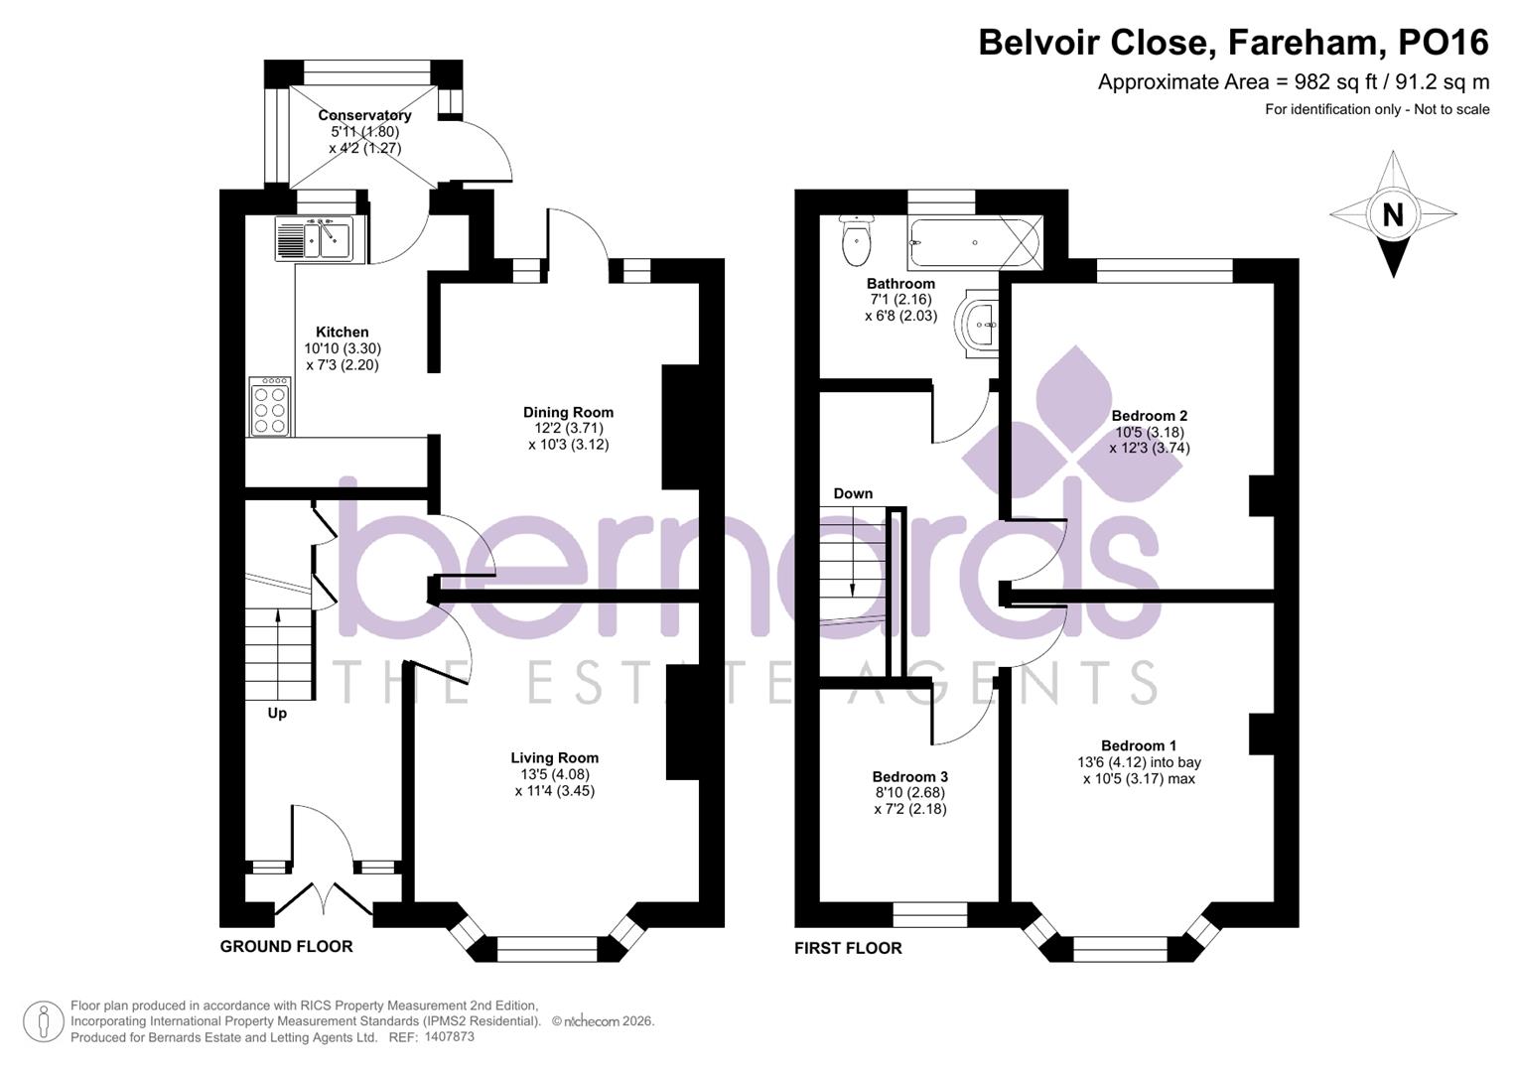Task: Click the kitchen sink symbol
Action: pyautogui.click(x=313, y=238)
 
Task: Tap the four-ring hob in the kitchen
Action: pyautogui.click(x=270, y=407)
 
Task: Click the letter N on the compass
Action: pyautogui.click(x=1393, y=214)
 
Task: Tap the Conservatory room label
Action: pyautogui.click(x=364, y=115)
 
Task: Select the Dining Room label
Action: pyautogui.click(x=568, y=412)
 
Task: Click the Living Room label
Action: pyautogui.click(x=554, y=757)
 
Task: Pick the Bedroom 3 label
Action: pyautogui.click(x=909, y=776)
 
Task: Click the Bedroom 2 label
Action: pyautogui.click(x=1149, y=415)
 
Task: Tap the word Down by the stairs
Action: pyautogui.click(x=853, y=493)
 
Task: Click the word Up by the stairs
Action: pyautogui.click(x=277, y=713)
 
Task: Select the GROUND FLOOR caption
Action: pyautogui.click(x=286, y=946)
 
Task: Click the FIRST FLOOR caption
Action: pyautogui.click(x=848, y=948)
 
